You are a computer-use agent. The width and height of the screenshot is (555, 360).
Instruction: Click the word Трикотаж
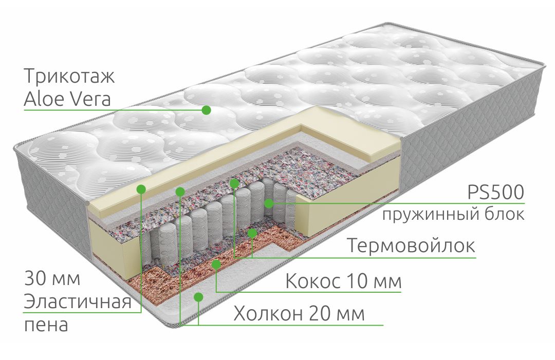tap(69, 77)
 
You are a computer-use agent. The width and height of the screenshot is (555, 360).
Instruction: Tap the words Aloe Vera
tap(67, 99)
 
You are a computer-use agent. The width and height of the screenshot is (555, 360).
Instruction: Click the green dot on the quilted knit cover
tap(207, 110)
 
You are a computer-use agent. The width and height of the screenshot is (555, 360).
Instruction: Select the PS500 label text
tap(495, 193)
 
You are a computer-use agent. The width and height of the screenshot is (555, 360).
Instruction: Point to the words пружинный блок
tap(453, 214)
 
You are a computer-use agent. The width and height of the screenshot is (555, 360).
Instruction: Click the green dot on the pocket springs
tap(269, 203)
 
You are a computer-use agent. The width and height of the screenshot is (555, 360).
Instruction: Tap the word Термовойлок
tap(411, 245)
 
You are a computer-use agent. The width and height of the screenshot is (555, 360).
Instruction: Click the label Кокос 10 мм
tap(344, 281)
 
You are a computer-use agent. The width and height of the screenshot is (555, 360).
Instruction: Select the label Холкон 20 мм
tap(299, 313)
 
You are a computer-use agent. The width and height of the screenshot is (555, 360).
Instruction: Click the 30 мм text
tap(52, 278)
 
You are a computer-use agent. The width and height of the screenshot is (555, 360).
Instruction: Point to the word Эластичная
tap(78, 302)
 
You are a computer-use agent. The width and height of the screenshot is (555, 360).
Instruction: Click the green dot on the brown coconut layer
tap(216, 264)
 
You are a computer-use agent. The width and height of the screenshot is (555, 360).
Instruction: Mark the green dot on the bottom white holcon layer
tap(198, 297)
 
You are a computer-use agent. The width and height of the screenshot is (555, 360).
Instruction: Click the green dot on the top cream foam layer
tap(141, 189)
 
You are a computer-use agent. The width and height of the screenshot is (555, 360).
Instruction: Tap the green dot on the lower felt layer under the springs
tap(252, 233)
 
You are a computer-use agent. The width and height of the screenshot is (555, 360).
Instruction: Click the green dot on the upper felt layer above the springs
tap(234, 183)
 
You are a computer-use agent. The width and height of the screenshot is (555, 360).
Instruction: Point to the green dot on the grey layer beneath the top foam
tap(180, 192)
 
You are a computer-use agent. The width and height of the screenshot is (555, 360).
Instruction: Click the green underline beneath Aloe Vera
tap(115, 110)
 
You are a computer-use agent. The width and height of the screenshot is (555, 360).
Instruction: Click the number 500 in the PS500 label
tap(506, 193)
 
